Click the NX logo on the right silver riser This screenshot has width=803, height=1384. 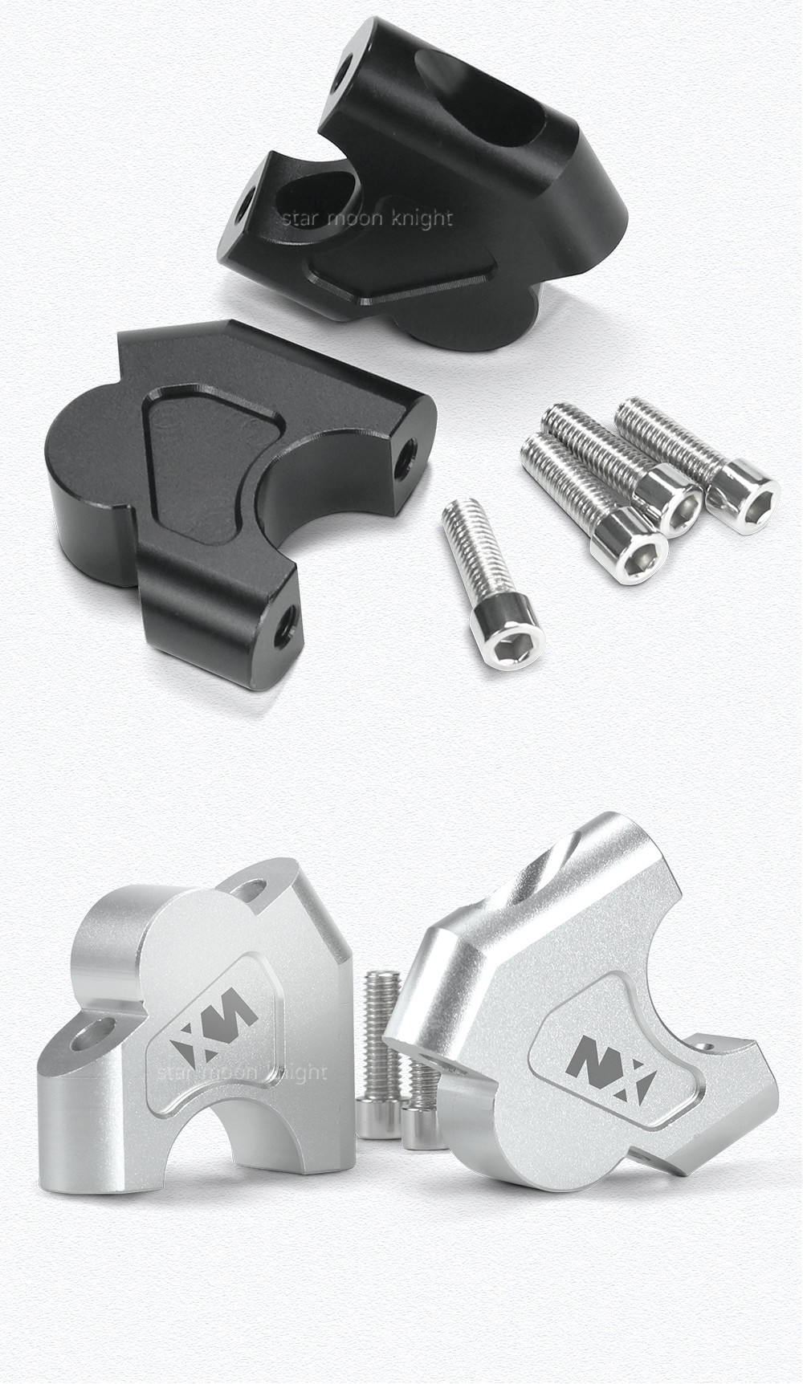[610, 1073]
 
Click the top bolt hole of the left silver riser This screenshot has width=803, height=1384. [255, 889]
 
